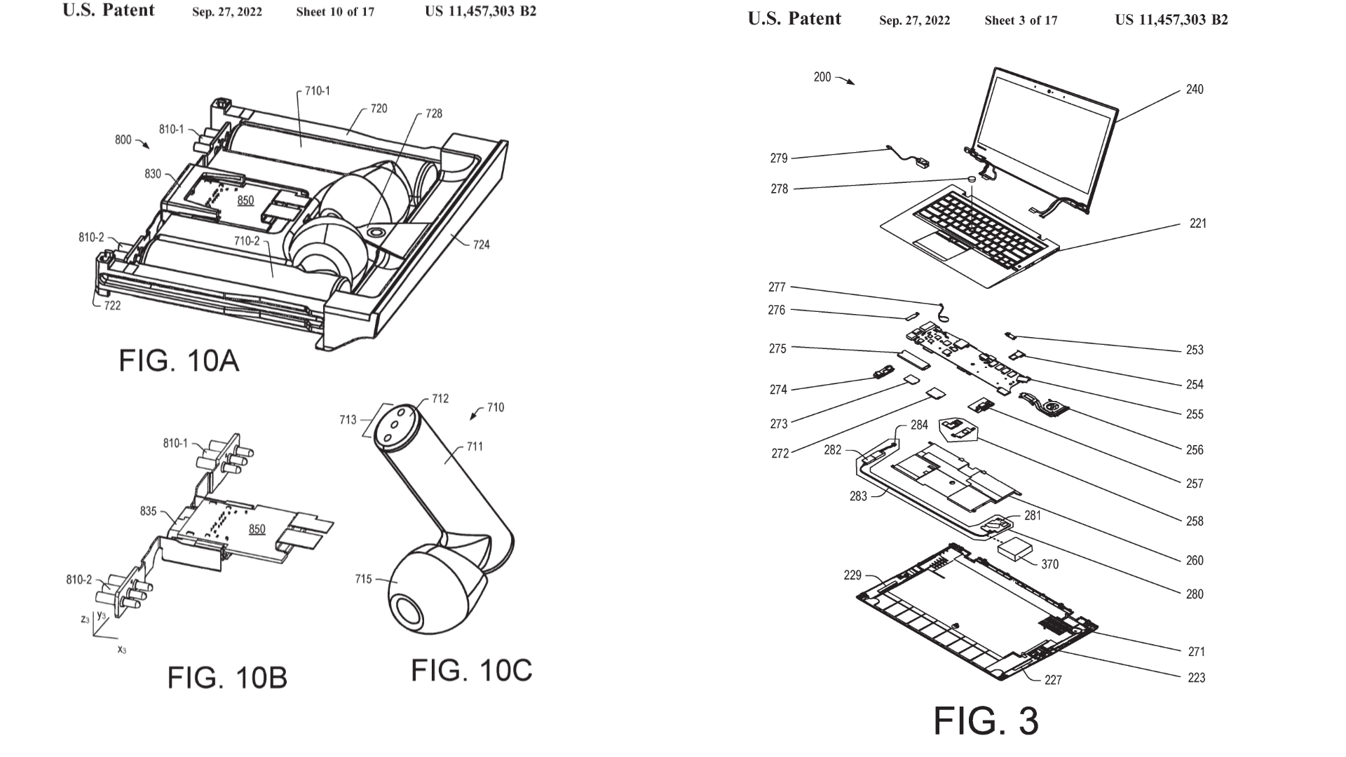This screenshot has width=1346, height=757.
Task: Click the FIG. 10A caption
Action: tap(179, 361)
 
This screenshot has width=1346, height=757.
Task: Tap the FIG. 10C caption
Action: tap(471, 671)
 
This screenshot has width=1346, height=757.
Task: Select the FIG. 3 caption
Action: tap(985, 721)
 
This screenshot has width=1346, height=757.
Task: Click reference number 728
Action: tap(434, 114)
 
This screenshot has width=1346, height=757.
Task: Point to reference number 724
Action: tap(481, 245)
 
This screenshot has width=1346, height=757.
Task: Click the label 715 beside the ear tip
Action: tap(363, 579)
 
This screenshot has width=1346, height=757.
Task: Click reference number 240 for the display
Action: tap(1195, 89)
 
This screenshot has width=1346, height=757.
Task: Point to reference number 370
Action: tap(1049, 564)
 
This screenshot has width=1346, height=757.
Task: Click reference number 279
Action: tap(779, 158)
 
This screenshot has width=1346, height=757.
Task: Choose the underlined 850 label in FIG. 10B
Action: tap(257, 529)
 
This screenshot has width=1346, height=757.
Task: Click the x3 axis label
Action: tap(121, 650)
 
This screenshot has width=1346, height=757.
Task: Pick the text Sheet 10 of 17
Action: tap(335, 12)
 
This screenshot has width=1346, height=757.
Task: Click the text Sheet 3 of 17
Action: tap(1021, 20)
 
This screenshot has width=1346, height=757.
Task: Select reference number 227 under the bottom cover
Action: tap(1053, 679)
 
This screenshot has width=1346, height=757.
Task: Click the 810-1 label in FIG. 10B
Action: tap(175, 443)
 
